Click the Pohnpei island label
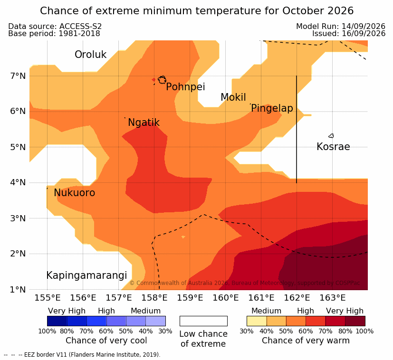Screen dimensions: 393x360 pyautogui.click(x=185, y=87)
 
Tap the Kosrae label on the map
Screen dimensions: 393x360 pyautogui.click(x=333, y=147)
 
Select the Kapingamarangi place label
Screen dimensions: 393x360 pyautogui.click(x=86, y=275)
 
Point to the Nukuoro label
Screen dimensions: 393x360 pyautogui.click(x=75, y=193)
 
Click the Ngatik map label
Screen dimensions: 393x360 pyautogui.click(x=144, y=123)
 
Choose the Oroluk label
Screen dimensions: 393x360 pyautogui.click(x=90, y=54)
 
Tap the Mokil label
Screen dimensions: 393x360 pyautogui.click(x=233, y=97)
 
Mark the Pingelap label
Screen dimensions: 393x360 pyautogui.click(x=272, y=108)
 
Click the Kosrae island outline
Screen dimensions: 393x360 pyautogui.click(x=331, y=136)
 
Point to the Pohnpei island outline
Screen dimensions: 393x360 pyautogui.click(x=162, y=80)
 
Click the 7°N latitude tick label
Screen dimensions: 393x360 pyautogui.click(x=18, y=76)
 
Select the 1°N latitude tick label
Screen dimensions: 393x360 pyautogui.click(x=18, y=290)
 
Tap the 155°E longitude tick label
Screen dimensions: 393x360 pyautogui.click(x=48, y=298)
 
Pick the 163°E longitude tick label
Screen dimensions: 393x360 pyautogui.click(x=332, y=298)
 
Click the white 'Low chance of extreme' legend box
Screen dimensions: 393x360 pyautogui.click(x=203, y=321)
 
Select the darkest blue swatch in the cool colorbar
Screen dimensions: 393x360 pyautogui.click(x=57, y=321)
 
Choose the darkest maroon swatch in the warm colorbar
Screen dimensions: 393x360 pyautogui.click(x=355, y=321)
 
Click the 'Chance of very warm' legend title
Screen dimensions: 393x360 pyautogui.click(x=306, y=341)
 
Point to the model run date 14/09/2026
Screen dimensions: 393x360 pyautogui.click(x=364, y=26)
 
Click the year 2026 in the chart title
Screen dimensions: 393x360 pyautogui.click(x=340, y=11)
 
